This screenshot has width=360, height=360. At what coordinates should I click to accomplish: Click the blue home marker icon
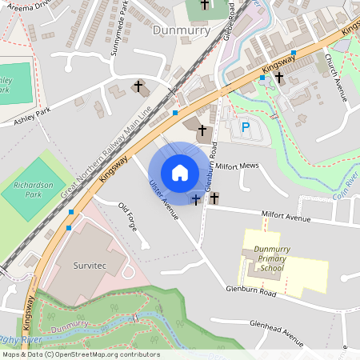point(180,172)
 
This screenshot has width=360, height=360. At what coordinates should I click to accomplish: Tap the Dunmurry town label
point(181,30)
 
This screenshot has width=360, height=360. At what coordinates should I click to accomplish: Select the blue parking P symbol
point(246,126)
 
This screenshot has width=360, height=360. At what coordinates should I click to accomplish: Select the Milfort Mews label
point(238,166)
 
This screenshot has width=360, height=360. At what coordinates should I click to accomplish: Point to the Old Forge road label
point(128,217)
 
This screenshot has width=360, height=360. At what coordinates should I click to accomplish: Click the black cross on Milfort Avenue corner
point(214,197)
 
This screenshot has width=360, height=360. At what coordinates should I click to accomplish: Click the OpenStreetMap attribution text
point(80,354)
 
